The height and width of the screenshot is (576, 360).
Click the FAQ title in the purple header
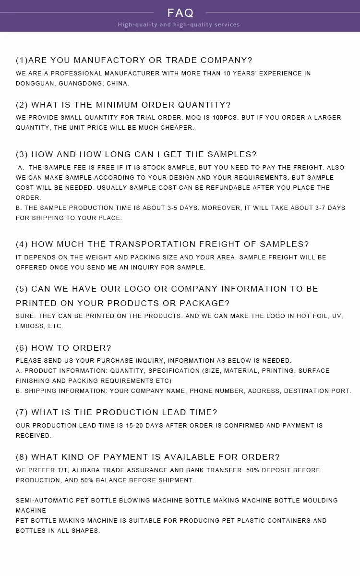point(180,12)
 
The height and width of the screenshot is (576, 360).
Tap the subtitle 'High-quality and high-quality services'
point(179,25)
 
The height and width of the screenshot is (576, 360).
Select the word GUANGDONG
point(80,84)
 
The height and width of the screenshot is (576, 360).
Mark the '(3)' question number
point(22,154)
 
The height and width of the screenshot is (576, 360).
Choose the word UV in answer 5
point(337,316)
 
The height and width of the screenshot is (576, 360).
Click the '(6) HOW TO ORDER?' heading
point(63,348)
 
